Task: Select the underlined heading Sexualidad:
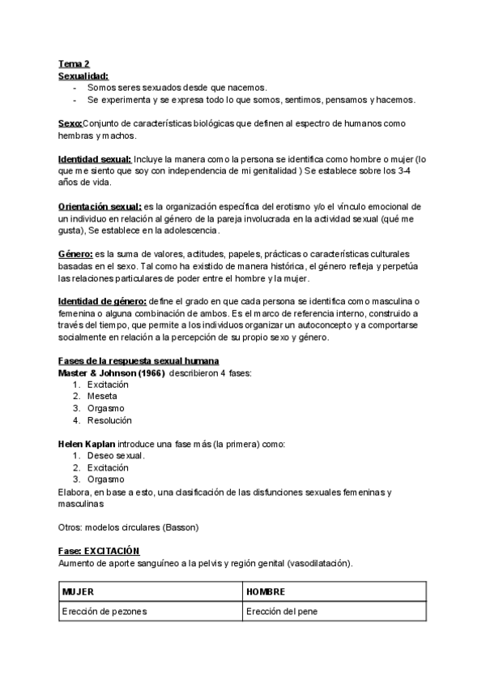pyautogui.click(x=83, y=75)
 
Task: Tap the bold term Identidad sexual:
pyautogui.click(x=94, y=159)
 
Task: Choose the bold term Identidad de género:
pyautogui.click(x=102, y=302)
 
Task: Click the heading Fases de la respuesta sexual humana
pyautogui.click(x=139, y=360)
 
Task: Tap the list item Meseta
pyautogui.click(x=102, y=397)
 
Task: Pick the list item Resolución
pyautogui.click(x=109, y=420)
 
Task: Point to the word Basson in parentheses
pyautogui.click(x=180, y=527)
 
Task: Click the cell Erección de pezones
pyautogui.click(x=104, y=613)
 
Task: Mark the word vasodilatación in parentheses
pyautogui.click(x=321, y=564)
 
